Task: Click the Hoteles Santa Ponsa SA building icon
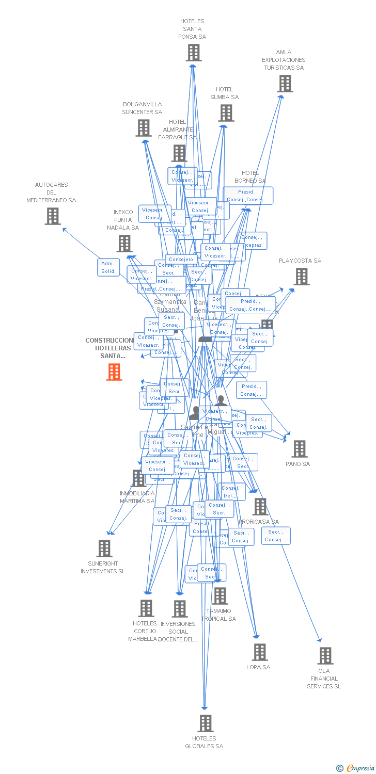click(x=194, y=53)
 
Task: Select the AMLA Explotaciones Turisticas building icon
click(x=285, y=84)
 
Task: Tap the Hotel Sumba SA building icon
click(x=226, y=113)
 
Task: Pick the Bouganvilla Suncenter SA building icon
click(x=144, y=128)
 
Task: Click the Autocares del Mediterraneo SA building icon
click(x=53, y=216)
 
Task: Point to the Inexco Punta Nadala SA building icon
click(x=124, y=244)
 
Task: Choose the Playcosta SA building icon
click(x=302, y=277)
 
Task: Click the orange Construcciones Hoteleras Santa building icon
click(x=114, y=372)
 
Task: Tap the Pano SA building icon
click(x=299, y=449)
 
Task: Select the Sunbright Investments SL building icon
click(x=104, y=549)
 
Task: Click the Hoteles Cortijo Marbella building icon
click(x=146, y=608)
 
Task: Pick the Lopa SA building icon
click(x=259, y=652)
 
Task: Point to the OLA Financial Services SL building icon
click(x=325, y=656)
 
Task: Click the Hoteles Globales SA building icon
click(x=206, y=723)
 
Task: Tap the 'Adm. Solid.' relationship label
click(x=108, y=267)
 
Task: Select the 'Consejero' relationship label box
click(x=181, y=260)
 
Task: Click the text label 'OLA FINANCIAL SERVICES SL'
click(x=324, y=679)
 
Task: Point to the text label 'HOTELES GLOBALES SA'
click(x=204, y=742)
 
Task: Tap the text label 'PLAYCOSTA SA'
click(x=300, y=261)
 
